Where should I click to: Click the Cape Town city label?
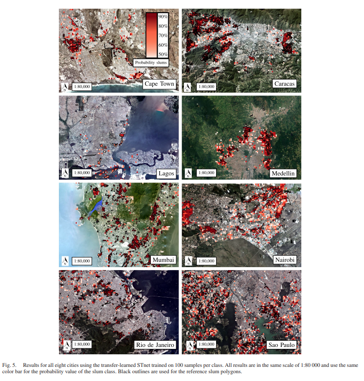tap(160, 84)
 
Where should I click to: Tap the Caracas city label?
tap(284, 84)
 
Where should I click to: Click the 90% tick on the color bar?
tap(163, 17)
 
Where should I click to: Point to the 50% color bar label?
tap(163, 54)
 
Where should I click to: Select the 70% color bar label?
tap(163, 36)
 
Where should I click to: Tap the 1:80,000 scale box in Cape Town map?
tap(82, 87)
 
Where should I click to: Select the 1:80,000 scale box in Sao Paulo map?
tap(204, 345)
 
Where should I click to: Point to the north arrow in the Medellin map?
tap(187, 173)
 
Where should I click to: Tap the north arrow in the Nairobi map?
tap(187, 260)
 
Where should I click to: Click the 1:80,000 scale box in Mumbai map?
tap(82, 261)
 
